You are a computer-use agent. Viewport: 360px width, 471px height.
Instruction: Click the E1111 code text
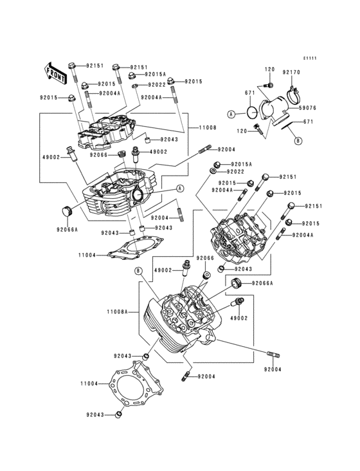pyautogui.click(x=310, y=58)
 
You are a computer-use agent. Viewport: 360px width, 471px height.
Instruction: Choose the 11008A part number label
pyautogui.click(x=118, y=311)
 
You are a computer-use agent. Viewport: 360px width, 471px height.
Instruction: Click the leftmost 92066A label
pyautogui.click(x=67, y=229)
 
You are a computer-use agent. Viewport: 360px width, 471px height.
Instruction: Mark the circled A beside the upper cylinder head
pyautogui.click(x=179, y=189)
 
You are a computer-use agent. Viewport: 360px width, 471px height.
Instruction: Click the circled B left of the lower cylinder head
pyautogui.click(x=138, y=272)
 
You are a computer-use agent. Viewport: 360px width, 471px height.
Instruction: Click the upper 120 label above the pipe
pyautogui.click(x=269, y=69)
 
